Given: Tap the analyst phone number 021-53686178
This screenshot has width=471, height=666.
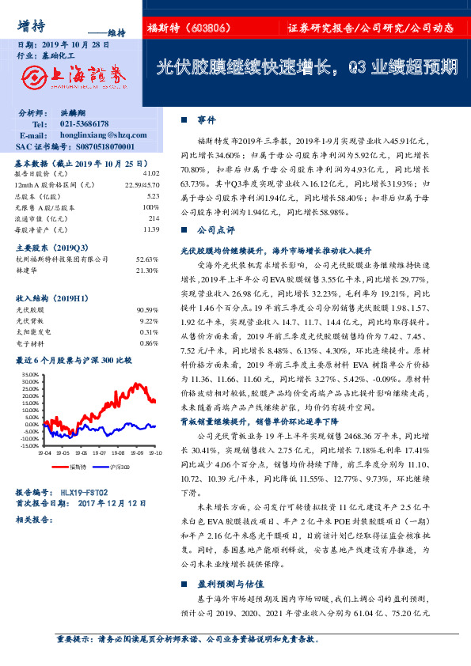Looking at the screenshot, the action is [x=85, y=125].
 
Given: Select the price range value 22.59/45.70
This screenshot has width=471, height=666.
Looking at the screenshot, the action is [x=140, y=184].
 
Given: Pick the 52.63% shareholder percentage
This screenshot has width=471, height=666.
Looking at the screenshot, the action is [x=147, y=259].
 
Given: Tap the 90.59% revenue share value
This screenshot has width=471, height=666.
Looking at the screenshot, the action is [x=147, y=310].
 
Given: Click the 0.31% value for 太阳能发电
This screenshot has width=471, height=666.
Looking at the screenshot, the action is [x=149, y=332].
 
